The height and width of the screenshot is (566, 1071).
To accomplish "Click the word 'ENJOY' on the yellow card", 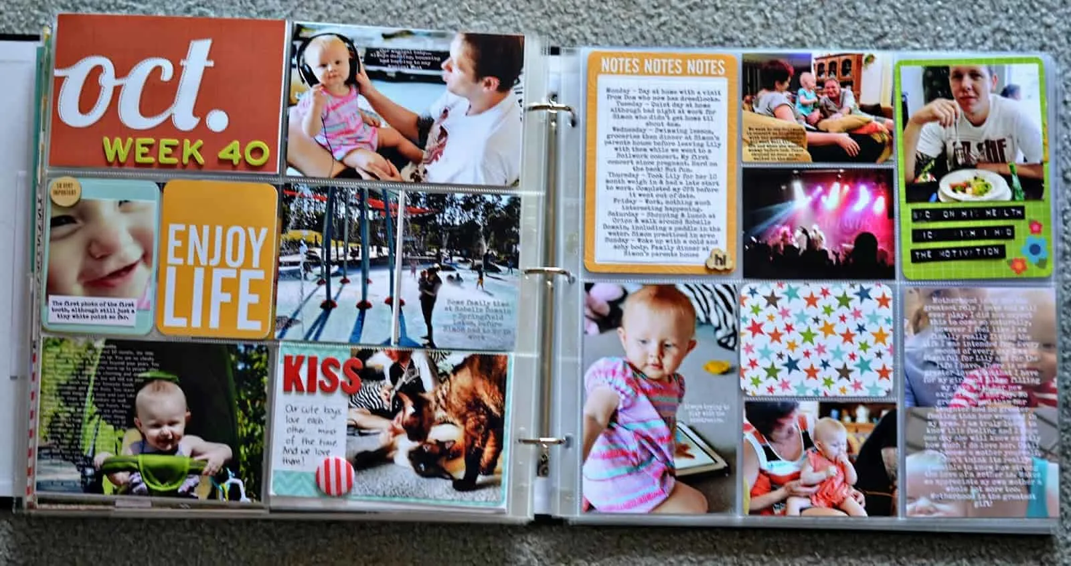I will coord(216,248).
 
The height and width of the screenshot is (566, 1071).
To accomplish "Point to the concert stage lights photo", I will coord(817,223).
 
